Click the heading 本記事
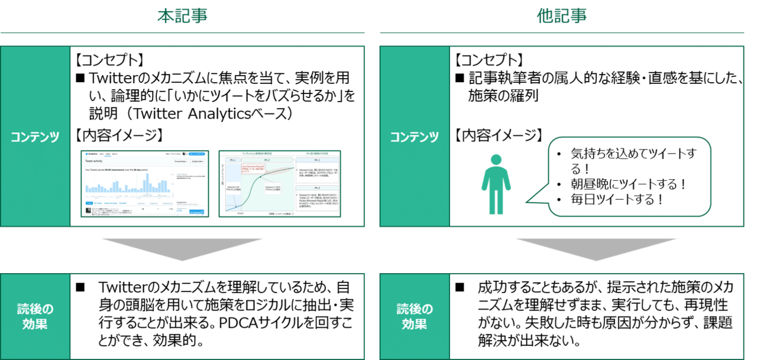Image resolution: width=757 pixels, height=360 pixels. click(182, 16)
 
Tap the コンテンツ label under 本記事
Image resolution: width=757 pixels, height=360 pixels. click(35, 137)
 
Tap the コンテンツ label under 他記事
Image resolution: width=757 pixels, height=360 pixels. click(414, 137)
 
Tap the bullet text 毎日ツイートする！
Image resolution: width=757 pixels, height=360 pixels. click(615, 199)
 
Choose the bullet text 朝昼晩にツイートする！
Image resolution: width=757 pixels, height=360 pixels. click(627, 184)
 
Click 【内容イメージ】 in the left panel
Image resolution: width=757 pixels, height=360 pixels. click(119, 135)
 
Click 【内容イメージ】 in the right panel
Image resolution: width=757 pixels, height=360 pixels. click(498, 135)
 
